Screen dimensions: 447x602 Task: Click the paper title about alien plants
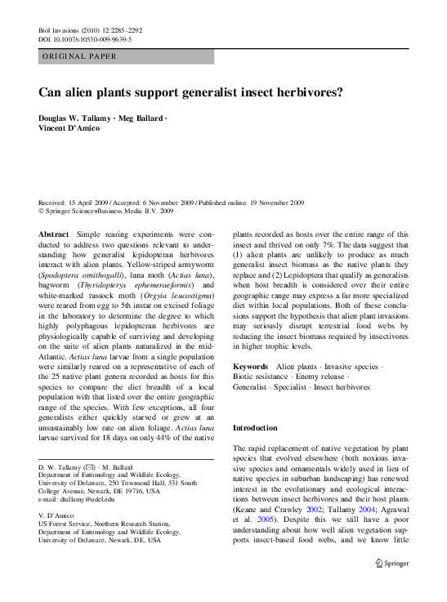coord(191,92)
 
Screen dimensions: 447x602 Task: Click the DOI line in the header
coord(85,38)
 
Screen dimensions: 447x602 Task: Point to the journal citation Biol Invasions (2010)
coord(89,29)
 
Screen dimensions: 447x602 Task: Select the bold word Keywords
coord(250,367)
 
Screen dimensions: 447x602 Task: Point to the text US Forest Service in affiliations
coord(68,525)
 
